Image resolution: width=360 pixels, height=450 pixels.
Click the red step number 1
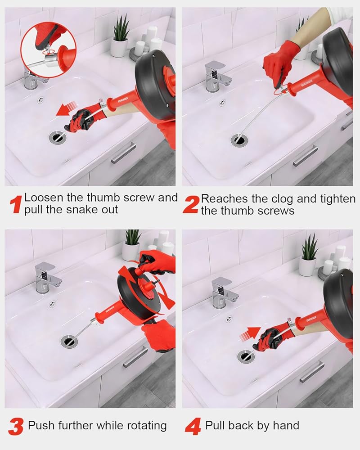[x=16, y=204]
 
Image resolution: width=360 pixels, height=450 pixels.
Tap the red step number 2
[x=191, y=205]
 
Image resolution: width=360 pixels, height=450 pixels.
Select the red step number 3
[x=16, y=427]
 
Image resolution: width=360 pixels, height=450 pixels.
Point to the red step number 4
[x=193, y=427]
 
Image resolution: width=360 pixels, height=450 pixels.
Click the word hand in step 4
[x=286, y=425]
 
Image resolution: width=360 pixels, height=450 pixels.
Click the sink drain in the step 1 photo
[x=58, y=137]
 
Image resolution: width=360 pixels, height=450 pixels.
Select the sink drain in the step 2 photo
[x=239, y=140]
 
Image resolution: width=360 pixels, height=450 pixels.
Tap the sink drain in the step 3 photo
[x=69, y=341]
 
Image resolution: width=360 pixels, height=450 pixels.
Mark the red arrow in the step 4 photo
[x=250, y=334]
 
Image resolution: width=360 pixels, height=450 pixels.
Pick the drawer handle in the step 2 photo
[x=305, y=156]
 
